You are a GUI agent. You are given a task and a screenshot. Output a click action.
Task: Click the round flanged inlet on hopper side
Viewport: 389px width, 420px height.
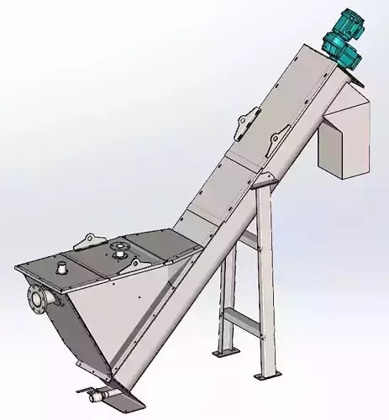35,297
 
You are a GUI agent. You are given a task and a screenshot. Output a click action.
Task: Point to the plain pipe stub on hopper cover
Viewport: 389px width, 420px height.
62,268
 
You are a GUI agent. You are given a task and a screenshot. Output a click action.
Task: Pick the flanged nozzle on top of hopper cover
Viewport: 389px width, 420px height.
118,249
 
